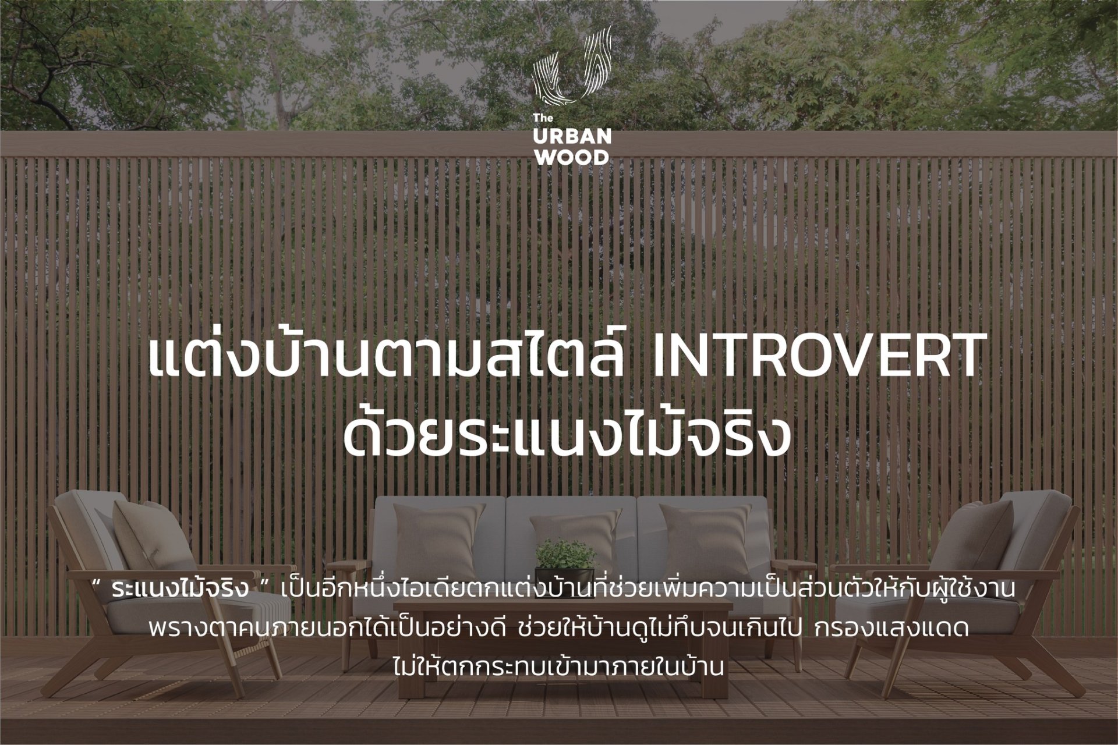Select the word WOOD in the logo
tap(572, 157)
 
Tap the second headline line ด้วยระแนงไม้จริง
tap(567, 431)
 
